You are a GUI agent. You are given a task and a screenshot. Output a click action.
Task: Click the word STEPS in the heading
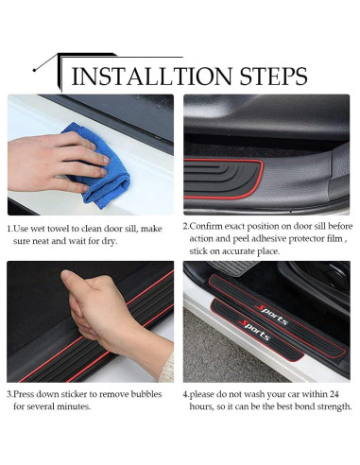(x=271, y=76)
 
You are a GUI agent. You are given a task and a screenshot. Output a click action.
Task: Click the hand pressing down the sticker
(x=99, y=307)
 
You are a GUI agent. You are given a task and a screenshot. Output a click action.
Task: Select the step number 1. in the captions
(x=10, y=229)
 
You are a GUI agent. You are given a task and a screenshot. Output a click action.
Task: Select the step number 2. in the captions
(x=186, y=227)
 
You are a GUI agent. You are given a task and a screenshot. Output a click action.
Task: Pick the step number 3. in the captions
(x=10, y=393)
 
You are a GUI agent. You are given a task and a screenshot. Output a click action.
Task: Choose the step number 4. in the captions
(x=186, y=393)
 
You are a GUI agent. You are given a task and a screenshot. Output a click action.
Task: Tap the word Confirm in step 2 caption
(x=206, y=227)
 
